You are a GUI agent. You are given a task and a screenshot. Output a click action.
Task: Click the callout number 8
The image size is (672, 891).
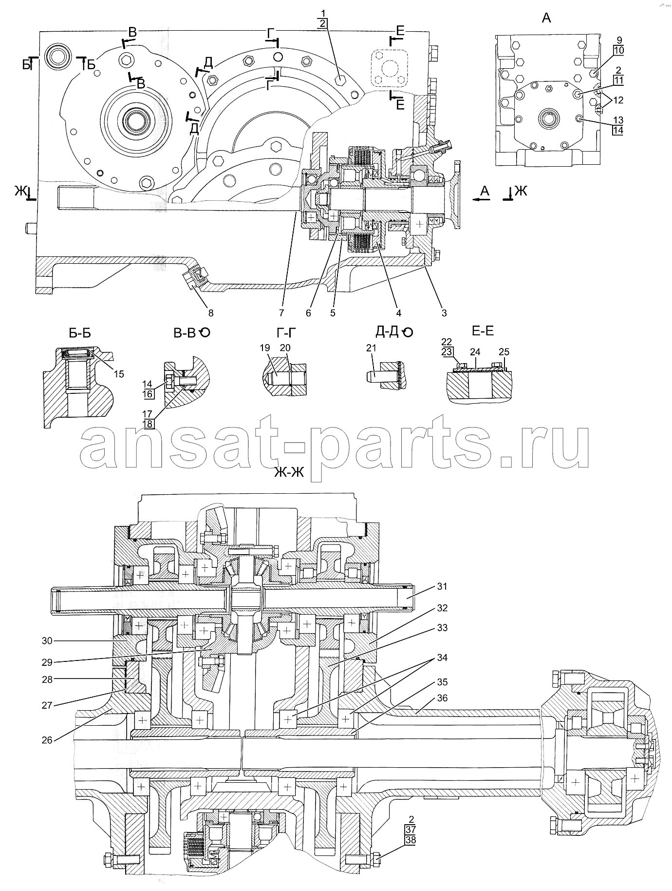coord(211,313)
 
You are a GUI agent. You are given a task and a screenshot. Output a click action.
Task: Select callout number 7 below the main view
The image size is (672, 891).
coord(281,313)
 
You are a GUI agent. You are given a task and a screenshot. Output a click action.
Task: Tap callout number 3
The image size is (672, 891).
coord(444,313)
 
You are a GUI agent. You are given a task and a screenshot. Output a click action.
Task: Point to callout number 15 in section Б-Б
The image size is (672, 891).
coord(119,374)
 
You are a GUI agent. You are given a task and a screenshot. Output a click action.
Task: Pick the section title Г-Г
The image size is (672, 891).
coord(286,332)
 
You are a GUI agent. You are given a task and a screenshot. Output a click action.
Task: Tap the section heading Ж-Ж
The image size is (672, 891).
coord(289,471)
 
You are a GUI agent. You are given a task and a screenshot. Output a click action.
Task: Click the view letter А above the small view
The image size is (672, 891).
coord(546,19)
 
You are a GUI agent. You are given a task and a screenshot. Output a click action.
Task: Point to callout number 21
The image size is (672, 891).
coord(372,348)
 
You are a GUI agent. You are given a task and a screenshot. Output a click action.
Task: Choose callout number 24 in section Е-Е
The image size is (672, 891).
coord(475,351)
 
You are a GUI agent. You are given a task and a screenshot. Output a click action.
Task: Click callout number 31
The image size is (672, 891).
coord(441,587)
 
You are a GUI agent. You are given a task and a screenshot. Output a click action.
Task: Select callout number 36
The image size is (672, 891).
coord(442,698)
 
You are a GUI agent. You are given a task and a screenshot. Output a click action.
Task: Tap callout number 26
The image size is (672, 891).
coord(47,740)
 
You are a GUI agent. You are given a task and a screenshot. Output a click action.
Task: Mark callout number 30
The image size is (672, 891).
coord(47,641)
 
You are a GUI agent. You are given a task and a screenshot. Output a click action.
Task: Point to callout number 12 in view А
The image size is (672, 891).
coord(618,100)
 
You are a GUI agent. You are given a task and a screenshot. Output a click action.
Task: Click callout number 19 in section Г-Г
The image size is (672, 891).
coord(264,348)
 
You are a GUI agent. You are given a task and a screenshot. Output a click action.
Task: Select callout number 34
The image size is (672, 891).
coord(441,658)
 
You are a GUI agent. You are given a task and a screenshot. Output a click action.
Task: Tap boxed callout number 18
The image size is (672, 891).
coord(148,424)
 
